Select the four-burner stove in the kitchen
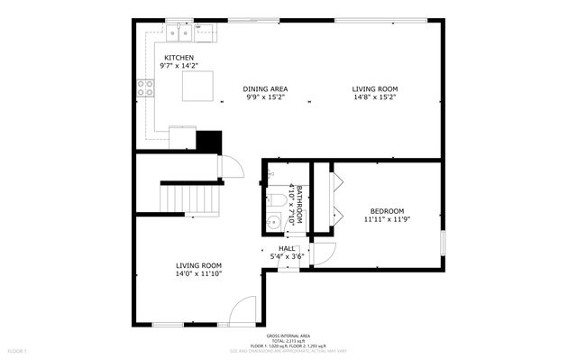tap(144, 88)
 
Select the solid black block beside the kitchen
tap(209, 142)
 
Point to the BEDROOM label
tap(387, 211)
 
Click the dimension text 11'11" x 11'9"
tap(387, 220)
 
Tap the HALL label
tap(287, 248)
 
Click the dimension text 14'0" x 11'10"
tap(198, 273)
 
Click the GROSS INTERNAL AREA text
tap(288, 334)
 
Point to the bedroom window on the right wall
tap(443, 245)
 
